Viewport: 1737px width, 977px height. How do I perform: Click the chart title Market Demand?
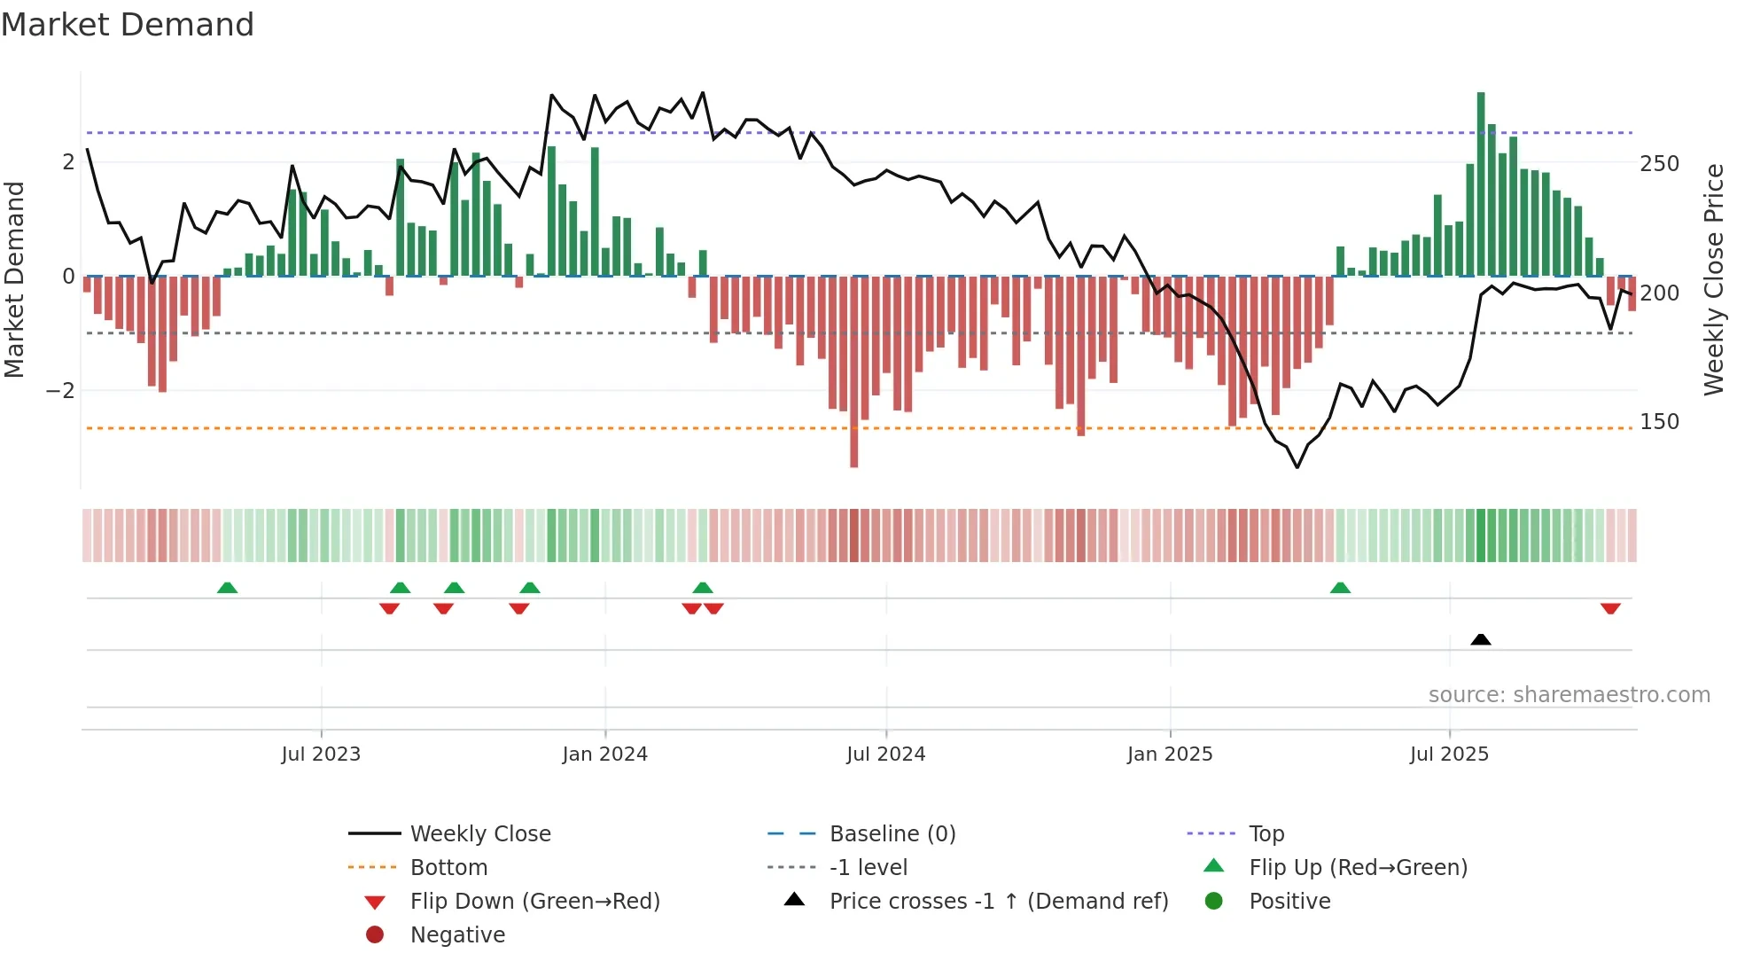[x=128, y=25]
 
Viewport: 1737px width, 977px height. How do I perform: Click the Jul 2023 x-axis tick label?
[x=321, y=754]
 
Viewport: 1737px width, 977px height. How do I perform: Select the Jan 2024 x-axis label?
[x=604, y=754]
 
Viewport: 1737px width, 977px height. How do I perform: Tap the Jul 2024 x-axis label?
[x=885, y=754]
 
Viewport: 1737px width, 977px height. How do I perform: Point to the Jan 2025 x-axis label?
[x=1169, y=754]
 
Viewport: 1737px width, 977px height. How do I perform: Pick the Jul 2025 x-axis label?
[x=1449, y=754]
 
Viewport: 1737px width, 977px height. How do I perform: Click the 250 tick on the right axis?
[x=1659, y=164]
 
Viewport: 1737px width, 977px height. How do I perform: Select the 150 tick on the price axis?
[x=1659, y=422]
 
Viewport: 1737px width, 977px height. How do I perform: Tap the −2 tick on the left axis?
[x=60, y=391]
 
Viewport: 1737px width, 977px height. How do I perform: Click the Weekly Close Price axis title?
[x=1714, y=279]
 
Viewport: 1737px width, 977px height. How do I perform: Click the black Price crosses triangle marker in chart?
[x=1480, y=639]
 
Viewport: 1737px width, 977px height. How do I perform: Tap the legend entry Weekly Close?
[x=479, y=833]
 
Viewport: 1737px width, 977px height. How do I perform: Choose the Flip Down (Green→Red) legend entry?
[x=534, y=901]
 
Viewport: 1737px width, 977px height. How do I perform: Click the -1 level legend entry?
[x=868, y=867]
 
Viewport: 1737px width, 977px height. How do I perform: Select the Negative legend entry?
[x=457, y=934]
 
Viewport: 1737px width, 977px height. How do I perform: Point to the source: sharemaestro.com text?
[x=1569, y=695]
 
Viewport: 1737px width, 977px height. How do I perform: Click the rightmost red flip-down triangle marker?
[x=1610, y=609]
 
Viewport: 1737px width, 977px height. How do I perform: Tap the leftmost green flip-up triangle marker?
[x=227, y=588]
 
